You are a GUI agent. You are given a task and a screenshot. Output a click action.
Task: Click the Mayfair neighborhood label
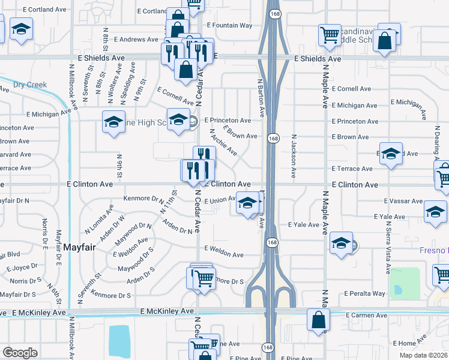pyautogui.click(x=80, y=247)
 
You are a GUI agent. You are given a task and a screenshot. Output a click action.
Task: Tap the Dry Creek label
pyautogui.click(x=30, y=85)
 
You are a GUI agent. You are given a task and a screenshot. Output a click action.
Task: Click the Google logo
pyautogui.click(x=20, y=352)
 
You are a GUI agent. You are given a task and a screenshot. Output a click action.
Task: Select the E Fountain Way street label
pyautogui.click(x=229, y=26)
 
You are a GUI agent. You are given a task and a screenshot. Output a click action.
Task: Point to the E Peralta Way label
pyautogui.click(x=364, y=294)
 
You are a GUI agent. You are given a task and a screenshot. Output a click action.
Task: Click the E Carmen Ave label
pyautogui.click(x=367, y=314)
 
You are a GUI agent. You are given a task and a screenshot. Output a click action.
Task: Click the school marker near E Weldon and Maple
pyautogui.click(x=341, y=243)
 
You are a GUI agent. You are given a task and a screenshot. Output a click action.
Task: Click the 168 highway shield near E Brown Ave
pyautogui.click(x=273, y=139)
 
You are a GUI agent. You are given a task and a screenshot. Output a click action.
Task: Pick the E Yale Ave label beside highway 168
pyautogui.click(x=304, y=225)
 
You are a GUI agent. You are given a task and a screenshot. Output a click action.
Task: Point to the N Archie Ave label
pyautogui.click(x=223, y=142)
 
